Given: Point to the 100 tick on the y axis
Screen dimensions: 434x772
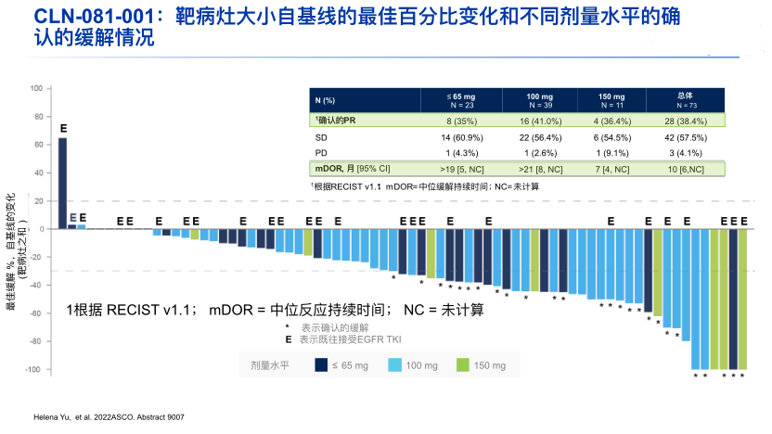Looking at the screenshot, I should tap(37, 89).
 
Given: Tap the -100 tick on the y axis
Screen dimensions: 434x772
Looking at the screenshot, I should tap(35, 370).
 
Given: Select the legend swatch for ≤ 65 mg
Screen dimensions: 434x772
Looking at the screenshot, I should tap(320, 365).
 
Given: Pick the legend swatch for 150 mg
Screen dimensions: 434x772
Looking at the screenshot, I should tap(463, 365).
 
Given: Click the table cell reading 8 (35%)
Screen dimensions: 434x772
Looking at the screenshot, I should tap(461, 121).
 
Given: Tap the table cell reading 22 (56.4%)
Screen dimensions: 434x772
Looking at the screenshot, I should tap(538, 136).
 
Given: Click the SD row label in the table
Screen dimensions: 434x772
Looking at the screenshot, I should tap(321, 136).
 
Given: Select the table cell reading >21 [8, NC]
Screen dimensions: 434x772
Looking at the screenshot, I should tap(538, 168).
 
